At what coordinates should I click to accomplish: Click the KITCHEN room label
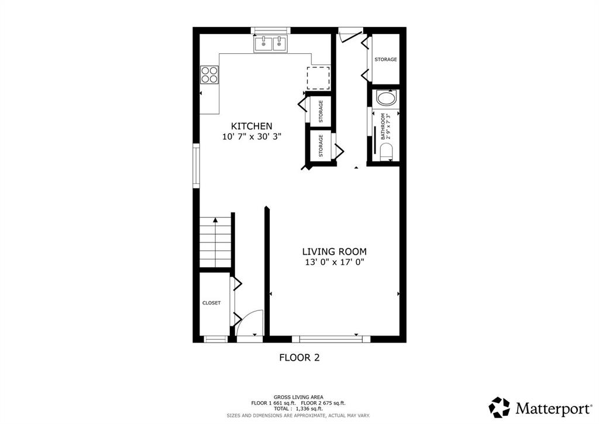[x=252, y=126]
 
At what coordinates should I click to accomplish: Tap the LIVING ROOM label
[x=334, y=252]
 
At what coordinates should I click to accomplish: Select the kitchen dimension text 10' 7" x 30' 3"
[x=252, y=136]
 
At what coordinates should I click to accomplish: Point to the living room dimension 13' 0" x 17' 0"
[x=334, y=262]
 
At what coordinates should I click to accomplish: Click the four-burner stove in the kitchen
[x=209, y=74]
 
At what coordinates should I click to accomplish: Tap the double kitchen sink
[x=271, y=44]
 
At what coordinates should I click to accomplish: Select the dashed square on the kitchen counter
[x=318, y=78]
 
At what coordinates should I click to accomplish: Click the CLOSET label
[x=211, y=303]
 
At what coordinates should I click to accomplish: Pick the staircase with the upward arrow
[x=215, y=242]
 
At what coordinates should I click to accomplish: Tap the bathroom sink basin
[x=387, y=98]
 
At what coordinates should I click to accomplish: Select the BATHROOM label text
[x=383, y=126]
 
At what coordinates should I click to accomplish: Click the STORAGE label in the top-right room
[x=385, y=60]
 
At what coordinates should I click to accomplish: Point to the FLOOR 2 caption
[x=299, y=357]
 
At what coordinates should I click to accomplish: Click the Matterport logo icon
[x=500, y=408]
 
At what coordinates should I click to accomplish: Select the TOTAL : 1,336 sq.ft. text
[x=298, y=409]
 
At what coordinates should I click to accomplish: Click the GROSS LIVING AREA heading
[x=298, y=397]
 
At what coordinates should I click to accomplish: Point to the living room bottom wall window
[x=331, y=338]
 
